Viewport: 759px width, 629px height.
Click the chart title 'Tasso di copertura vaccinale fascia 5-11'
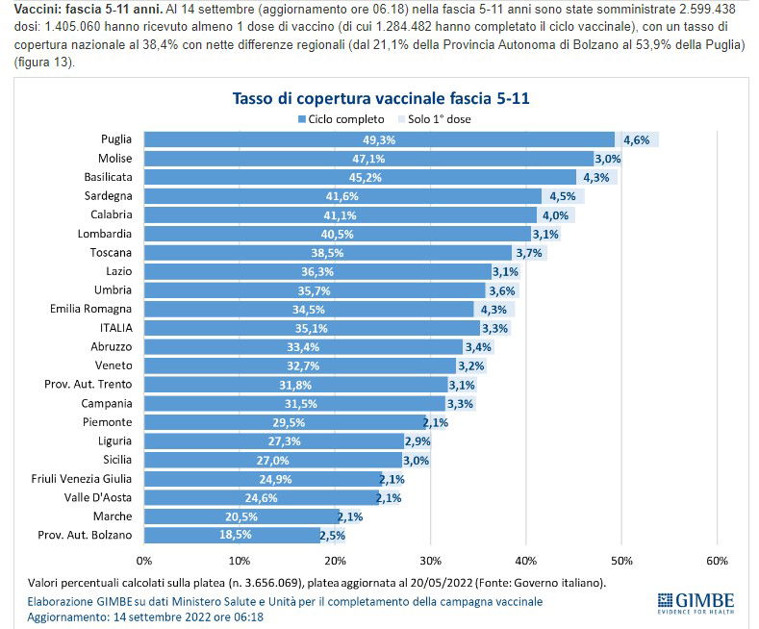tap(381, 98)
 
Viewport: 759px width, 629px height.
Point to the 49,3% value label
tap(379, 140)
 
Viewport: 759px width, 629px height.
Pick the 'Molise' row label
tap(115, 159)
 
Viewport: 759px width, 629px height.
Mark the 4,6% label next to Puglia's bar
tap(637, 140)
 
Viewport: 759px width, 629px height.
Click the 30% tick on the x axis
tap(430, 559)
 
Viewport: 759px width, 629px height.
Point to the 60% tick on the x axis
tap(716, 559)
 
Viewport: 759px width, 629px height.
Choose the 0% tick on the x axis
tap(145, 559)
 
